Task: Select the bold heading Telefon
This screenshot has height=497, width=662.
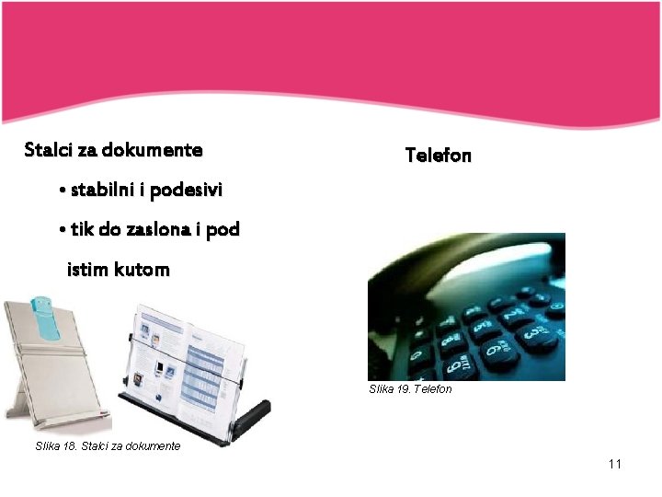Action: click(439, 156)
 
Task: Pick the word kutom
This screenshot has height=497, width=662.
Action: click(143, 270)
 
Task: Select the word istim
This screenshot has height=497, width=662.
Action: click(87, 270)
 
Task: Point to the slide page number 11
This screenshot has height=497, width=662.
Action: click(615, 464)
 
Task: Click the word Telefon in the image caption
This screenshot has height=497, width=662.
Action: click(434, 389)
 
